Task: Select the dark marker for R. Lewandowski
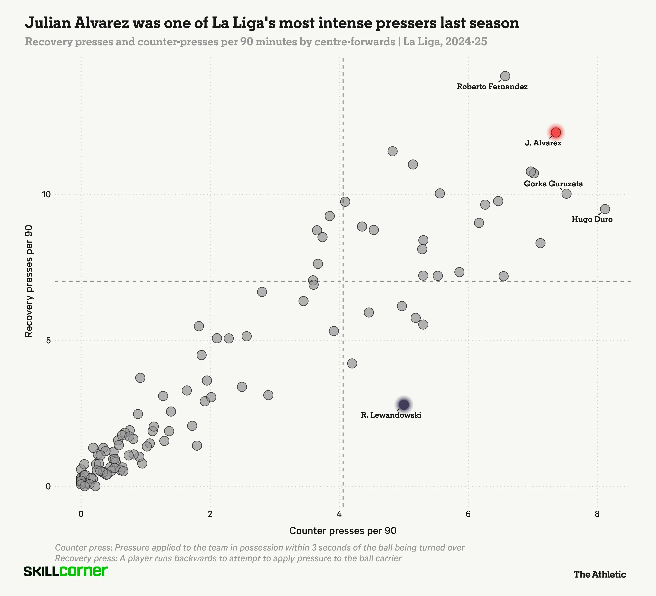click(404, 404)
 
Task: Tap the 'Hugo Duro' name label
click(592, 220)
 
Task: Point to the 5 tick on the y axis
click(48, 341)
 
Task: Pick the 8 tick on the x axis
click(597, 514)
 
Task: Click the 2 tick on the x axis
click(210, 514)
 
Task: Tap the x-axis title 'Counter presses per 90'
click(343, 531)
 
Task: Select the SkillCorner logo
click(66, 572)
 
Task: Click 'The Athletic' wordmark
click(600, 574)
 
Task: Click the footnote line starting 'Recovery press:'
click(228, 558)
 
